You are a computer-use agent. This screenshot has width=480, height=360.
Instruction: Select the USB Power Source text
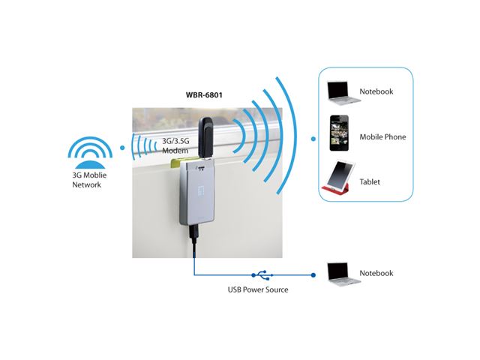258,289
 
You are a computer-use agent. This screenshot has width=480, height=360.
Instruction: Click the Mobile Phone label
383,136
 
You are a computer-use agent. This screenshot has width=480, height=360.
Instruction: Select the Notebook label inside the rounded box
376,91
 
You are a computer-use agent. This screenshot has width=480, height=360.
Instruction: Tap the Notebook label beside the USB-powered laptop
376,274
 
